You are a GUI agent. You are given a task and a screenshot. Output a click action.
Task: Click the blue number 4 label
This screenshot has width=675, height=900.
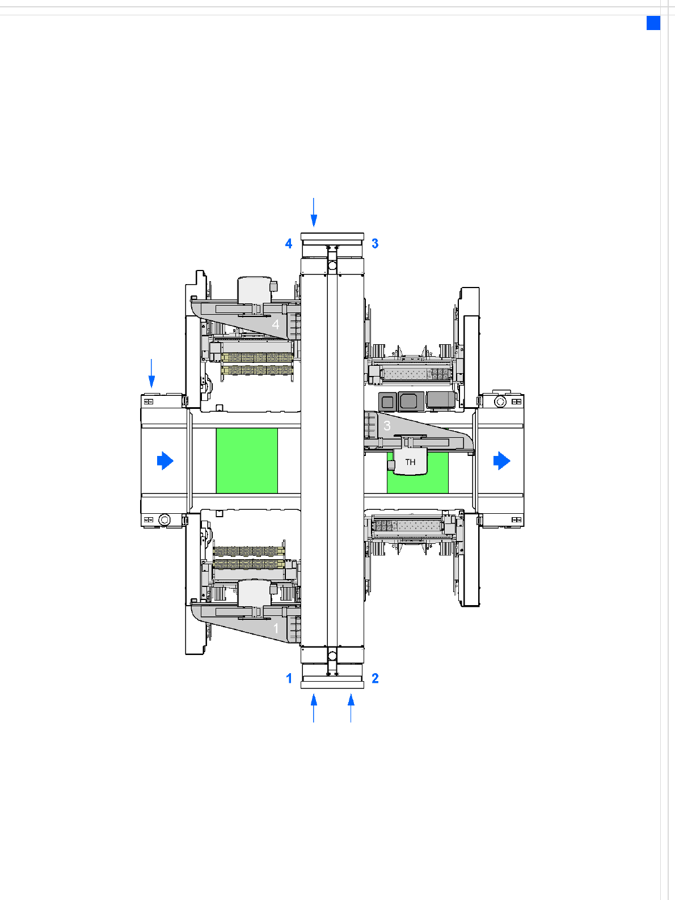(x=289, y=243)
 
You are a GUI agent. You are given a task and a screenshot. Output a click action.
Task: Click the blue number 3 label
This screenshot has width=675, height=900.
(x=375, y=243)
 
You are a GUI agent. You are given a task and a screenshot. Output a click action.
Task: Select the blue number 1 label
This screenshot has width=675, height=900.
(x=289, y=678)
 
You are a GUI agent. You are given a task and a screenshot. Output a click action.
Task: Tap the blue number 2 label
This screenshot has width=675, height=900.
(x=375, y=678)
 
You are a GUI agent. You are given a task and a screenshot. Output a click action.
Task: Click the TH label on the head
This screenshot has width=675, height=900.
(x=410, y=462)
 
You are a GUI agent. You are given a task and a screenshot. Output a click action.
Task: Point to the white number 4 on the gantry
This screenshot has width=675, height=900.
(x=276, y=324)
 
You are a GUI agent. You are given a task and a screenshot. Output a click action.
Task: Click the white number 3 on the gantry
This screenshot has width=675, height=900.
(x=387, y=425)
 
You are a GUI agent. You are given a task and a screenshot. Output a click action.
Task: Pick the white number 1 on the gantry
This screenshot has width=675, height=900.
(x=276, y=628)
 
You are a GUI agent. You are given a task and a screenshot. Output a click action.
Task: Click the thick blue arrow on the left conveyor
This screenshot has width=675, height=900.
(x=165, y=461)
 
